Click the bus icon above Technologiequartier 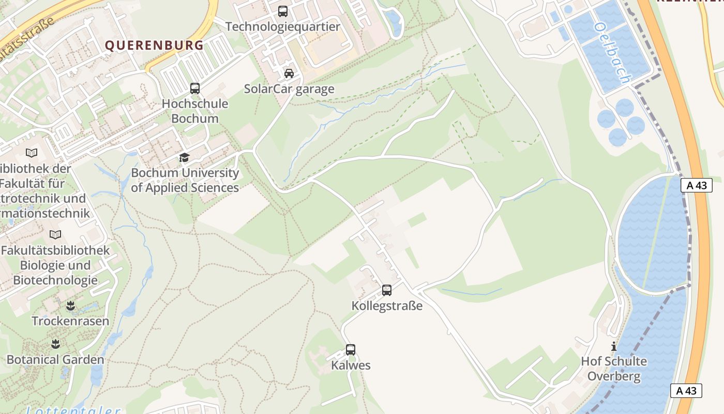[283, 11]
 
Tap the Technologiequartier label [283, 27]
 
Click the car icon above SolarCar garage [289, 73]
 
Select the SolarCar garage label [289, 89]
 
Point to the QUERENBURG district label [155, 46]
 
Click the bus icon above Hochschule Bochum [195, 88]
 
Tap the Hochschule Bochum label [195, 111]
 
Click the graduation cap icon [185, 157]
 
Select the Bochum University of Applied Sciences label [185, 180]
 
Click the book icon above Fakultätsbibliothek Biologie [55, 234]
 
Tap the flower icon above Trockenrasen [71, 306]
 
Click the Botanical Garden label [55, 360]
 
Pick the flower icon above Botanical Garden [55, 344]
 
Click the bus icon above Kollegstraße [387, 290]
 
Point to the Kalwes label [351, 365]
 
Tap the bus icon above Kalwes [351, 350]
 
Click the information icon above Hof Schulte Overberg [614, 346]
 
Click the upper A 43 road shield [696, 185]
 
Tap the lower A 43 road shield [686, 391]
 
